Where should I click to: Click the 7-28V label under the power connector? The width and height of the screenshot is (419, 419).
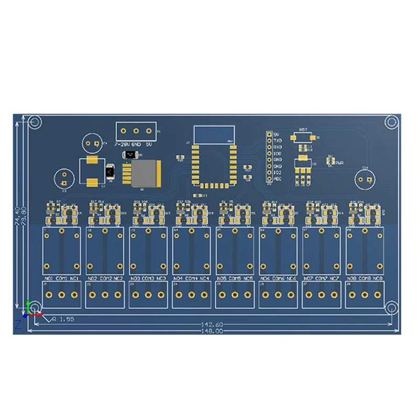(121, 143)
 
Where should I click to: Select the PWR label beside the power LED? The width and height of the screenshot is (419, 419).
(339, 163)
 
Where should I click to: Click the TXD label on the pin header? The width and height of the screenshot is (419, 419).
(278, 140)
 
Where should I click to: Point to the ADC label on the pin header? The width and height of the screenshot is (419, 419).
(278, 178)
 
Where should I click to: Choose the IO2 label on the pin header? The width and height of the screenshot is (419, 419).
(278, 172)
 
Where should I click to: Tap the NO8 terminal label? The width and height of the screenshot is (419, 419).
(354, 278)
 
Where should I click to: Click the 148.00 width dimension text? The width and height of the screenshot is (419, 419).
(213, 331)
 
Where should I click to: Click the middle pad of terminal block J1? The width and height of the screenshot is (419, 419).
(61, 295)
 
